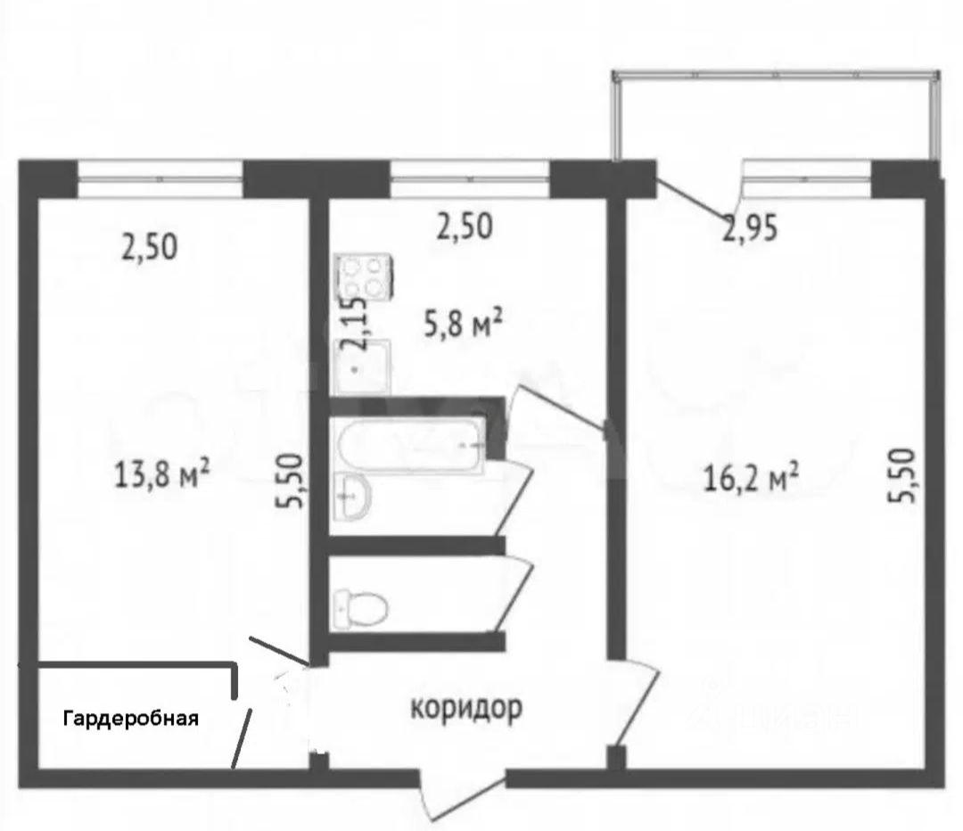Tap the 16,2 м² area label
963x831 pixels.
(x=751, y=477)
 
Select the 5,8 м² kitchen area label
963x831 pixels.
(x=464, y=324)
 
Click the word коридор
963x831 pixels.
(x=466, y=708)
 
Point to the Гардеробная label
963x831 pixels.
(x=131, y=718)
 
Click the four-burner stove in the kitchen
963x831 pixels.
(x=363, y=277)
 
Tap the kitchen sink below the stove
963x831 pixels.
(x=362, y=367)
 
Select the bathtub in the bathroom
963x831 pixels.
(x=409, y=444)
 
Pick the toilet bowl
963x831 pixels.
(x=361, y=610)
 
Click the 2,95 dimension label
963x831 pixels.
(x=750, y=228)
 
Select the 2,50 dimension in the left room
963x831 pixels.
(x=150, y=247)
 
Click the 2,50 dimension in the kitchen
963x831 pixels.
(x=465, y=226)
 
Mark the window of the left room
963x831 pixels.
(x=160, y=178)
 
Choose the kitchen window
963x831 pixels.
(x=470, y=178)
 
